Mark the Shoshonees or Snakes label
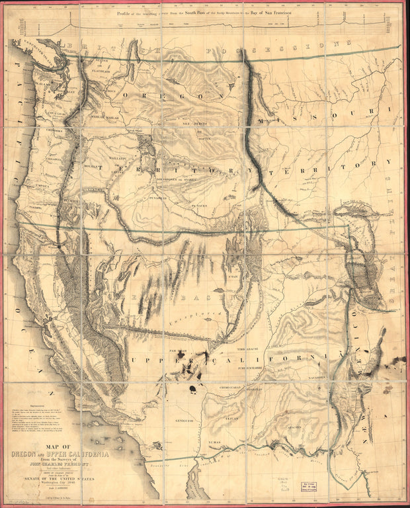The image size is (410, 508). [175, 178]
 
